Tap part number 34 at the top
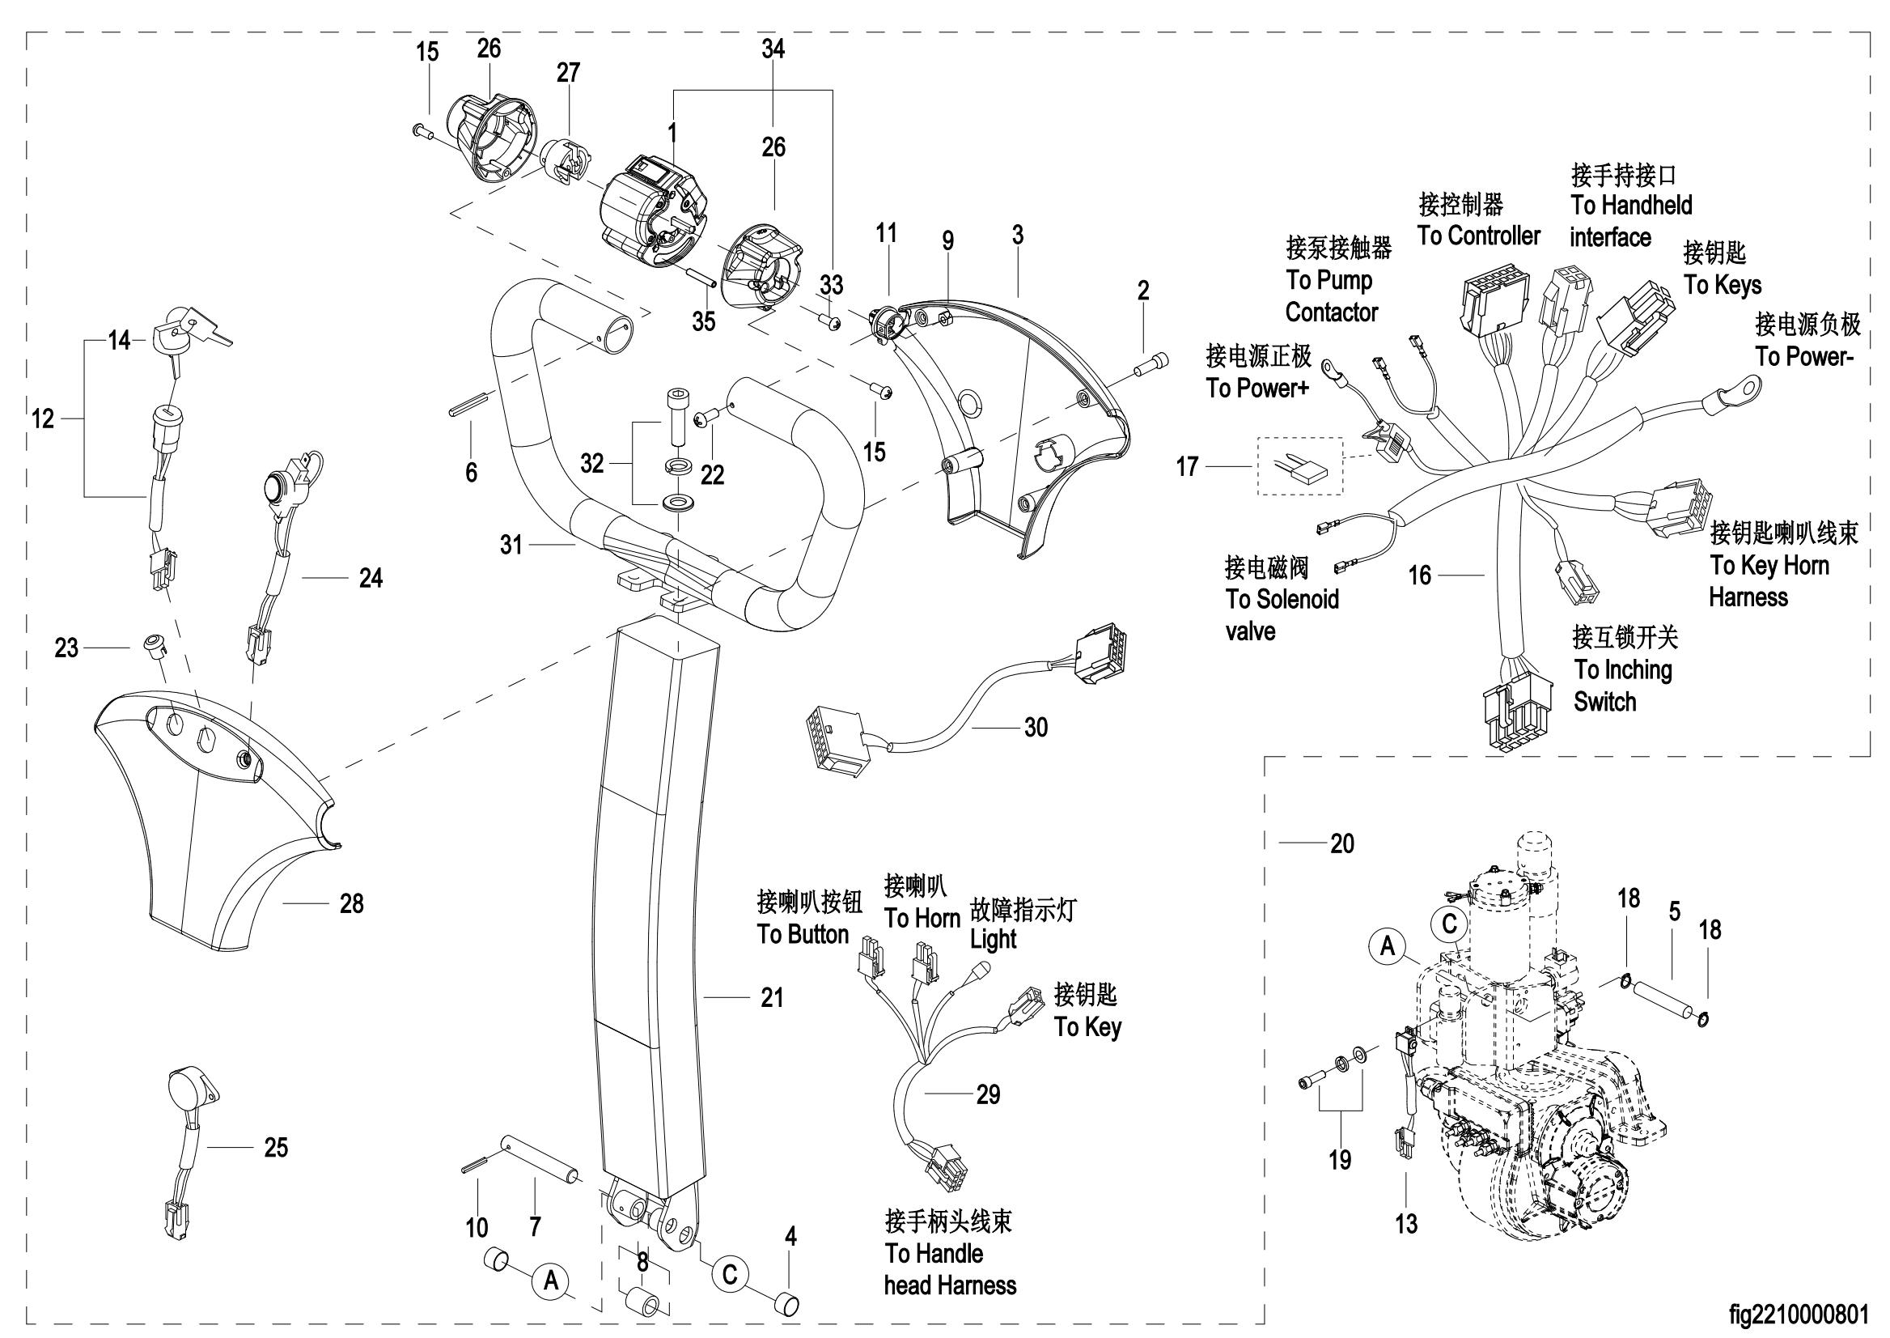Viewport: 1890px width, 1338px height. point(773,49)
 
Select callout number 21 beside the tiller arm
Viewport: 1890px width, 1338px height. point(772,999)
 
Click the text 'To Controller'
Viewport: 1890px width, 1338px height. point(1478,236)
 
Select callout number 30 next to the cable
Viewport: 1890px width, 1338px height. point(1035,728)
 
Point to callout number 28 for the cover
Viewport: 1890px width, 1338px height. point(352,904)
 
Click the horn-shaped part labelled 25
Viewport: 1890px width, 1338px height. point(192,1092)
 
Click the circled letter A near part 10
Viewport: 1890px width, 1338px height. point(551,1280)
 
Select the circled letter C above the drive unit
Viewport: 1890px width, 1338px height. point(1449,924)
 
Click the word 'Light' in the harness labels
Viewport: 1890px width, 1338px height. point(994,939)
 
